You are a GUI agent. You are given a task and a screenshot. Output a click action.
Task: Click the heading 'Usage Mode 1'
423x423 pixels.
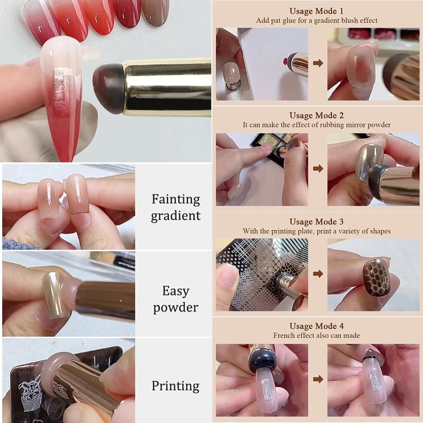[316, 11]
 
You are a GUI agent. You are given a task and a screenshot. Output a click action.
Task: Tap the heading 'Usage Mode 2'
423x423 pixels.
[316, 116]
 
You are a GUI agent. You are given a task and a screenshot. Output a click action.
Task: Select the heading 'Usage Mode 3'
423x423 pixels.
[316, 222]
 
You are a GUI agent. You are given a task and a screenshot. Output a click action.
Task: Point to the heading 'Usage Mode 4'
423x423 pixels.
[316, 326]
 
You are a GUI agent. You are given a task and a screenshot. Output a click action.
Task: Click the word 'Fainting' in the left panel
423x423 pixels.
[176, 200]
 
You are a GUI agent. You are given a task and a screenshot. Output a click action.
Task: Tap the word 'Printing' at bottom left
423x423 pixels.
[176, 387]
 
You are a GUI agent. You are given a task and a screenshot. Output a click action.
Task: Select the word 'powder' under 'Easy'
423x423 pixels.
[176, 308]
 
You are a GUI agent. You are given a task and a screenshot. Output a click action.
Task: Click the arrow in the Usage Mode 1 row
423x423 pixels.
[318, 63]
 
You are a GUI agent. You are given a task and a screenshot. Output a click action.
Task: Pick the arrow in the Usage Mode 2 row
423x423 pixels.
[318, 169]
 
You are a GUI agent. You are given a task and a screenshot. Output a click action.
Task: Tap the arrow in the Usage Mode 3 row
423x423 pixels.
[318, 274]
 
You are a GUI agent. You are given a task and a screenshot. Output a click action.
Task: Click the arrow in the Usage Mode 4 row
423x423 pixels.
[318, 379]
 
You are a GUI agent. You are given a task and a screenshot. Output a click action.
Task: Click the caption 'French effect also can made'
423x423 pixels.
[316, 336]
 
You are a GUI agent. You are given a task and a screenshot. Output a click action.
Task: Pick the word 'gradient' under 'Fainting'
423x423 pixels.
[176, 216]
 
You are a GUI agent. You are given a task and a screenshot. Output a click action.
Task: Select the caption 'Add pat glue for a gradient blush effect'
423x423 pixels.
[316, 21]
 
